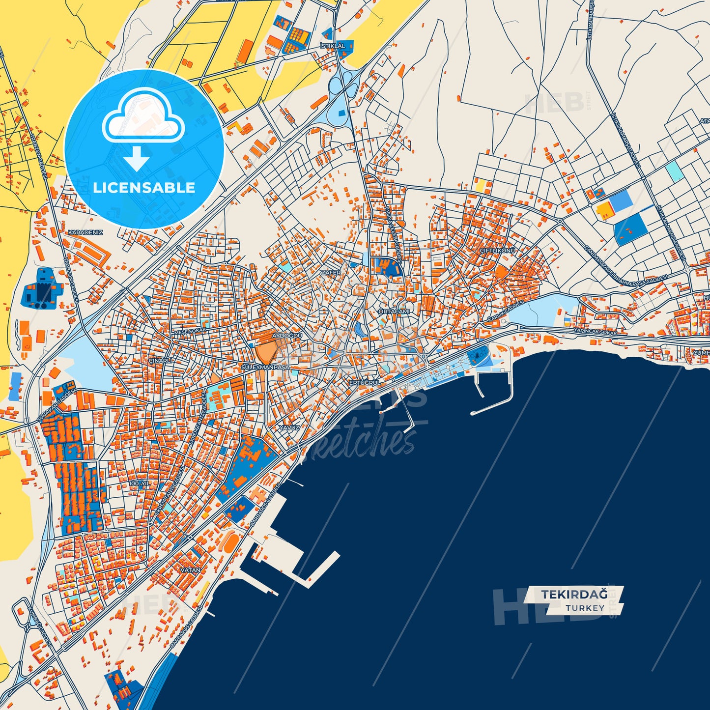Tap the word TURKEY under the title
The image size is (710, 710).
click(585, 608)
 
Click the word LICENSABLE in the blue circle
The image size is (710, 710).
click(144, 188)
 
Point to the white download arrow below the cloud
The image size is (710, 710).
click(136, 158)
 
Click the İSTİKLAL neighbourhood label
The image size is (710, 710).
click(333, 46)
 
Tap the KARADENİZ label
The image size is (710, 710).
click(85, 232)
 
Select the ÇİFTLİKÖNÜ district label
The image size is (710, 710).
click(498, 251)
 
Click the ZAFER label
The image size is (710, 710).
click(331, 272)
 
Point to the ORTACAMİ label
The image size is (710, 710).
click(394, 312)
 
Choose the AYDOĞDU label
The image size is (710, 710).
click(287, 335)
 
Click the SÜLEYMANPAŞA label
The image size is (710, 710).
click(266, 367)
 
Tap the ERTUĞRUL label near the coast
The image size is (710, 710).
click(365, 382)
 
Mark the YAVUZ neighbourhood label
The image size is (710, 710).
click(289, 427)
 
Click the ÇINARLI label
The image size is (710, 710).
click(160, 361)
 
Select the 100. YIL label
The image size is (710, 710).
click(139, 483)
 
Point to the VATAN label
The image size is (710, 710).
click(191, 570)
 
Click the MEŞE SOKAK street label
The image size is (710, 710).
click(191, 331)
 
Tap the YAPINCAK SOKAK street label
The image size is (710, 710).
click(595, 332)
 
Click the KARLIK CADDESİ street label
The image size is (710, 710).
click(506, 312)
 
